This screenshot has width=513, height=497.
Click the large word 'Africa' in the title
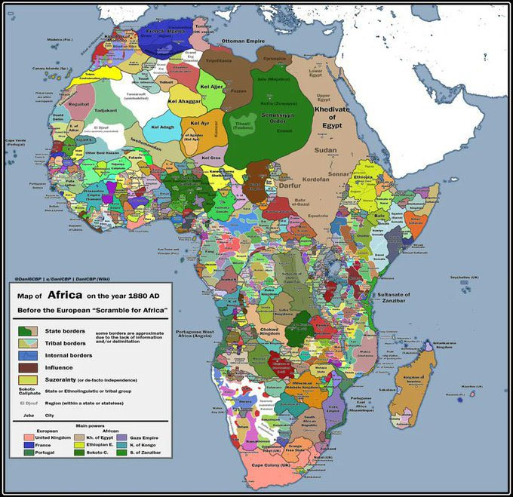[x=72, y=296]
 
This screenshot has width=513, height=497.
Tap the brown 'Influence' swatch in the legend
[x=29, y=368]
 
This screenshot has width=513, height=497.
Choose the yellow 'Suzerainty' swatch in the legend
[x=29, y=381]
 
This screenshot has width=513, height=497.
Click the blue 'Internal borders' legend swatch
[x=29, y=355]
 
